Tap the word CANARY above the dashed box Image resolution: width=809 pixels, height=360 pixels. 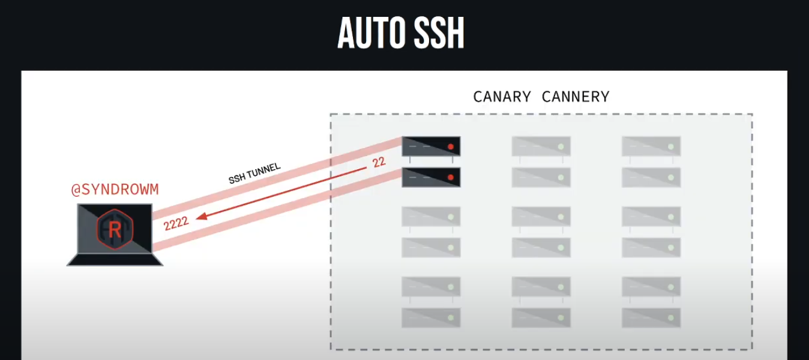pyautogui.click(x=502, y=97)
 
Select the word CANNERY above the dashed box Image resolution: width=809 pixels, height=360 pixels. pyautogui.click(x=576, y=97)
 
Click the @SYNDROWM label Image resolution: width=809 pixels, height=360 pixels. pyautogui.click(x=115, y=190)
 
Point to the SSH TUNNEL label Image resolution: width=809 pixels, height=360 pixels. pyautogui.click(x=254, y=173)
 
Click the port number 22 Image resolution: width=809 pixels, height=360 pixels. pyautogui.click(x=379, y=162)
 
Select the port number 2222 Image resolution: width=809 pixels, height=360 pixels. pyautogui.click(x=176, y=223)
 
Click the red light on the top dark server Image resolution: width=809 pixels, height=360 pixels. pyautogui.click(x=450, y=146)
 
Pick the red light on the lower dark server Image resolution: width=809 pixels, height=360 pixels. pyautogui.click(x=450, y=177)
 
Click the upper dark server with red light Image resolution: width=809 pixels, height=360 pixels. pyautogui.click(x=431, y=146)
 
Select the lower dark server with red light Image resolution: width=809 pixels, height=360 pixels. pyautogui.click(x=431, y=177)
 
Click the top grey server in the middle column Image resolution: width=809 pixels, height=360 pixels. pyautogui.click(x=541, y=146)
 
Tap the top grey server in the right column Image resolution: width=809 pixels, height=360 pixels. pyautogui.click(x=651, y=146)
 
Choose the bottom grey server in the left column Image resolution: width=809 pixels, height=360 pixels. pyautogui.click(x=431, y=317)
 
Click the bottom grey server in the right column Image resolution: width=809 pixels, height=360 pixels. pyautogui.click(x=651, y=317)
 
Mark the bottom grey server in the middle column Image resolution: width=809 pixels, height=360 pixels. pyautogui.click(x=541, y=317)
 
